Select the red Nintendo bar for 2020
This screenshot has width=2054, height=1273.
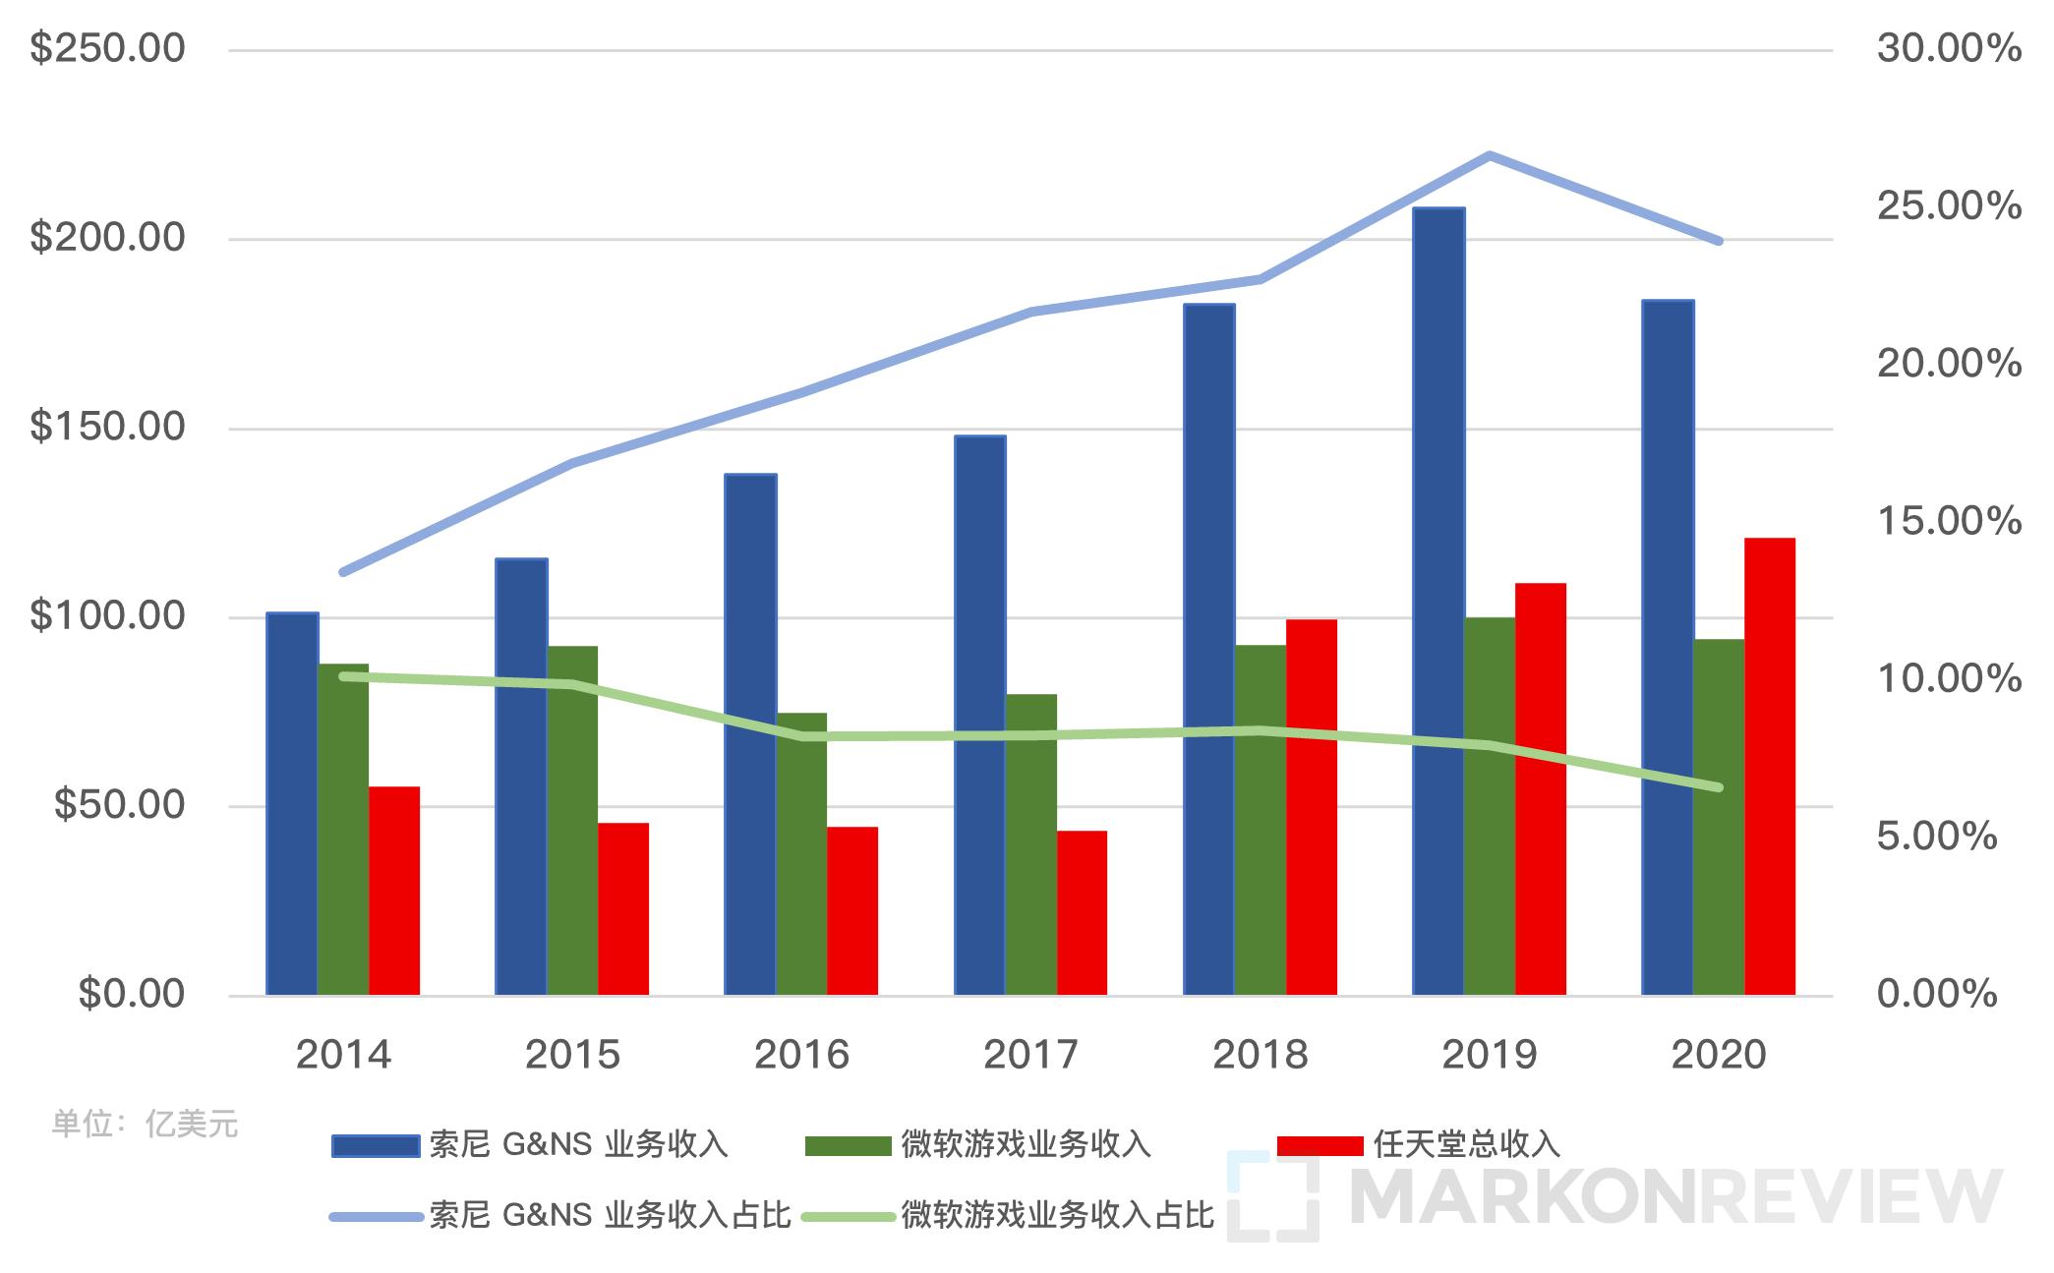1769,767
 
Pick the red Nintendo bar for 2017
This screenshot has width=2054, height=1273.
1082,913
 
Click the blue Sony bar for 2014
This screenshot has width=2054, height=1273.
292,804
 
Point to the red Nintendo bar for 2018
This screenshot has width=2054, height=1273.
1311,807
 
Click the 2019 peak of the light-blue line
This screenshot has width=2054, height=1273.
1490,155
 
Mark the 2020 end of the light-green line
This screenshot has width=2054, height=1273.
1718,786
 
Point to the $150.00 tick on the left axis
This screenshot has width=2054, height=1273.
107,427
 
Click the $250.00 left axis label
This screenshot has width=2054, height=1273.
107,48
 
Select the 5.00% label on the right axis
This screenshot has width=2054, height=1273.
1936,837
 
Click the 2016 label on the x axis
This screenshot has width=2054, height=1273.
801,1055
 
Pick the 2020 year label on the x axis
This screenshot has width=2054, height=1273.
1718,1055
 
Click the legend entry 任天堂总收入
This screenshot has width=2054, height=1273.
1466,1144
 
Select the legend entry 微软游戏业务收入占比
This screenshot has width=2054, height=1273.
1058,1216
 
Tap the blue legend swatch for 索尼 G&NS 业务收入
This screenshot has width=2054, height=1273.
376,1145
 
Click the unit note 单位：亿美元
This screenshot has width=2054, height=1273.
145,1124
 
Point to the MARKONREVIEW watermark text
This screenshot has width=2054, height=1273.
1675,1197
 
